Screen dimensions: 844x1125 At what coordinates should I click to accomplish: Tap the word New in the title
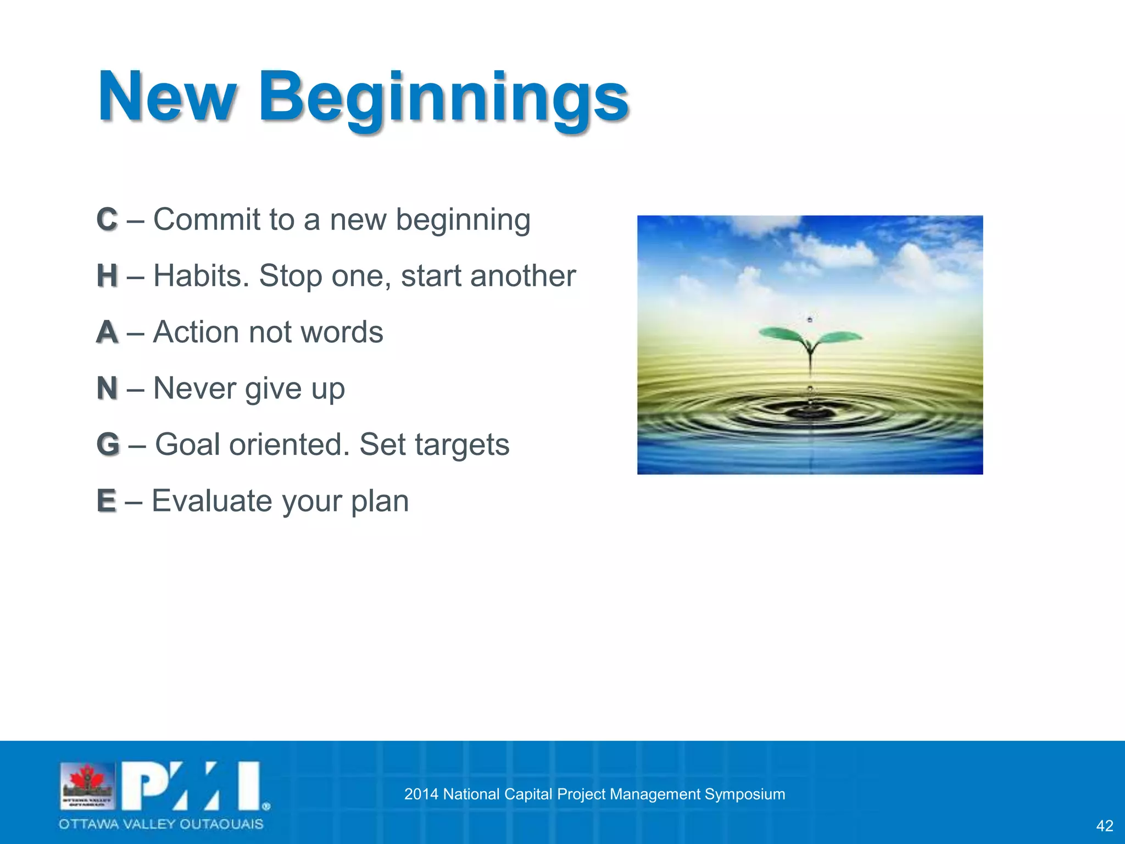point(168,98)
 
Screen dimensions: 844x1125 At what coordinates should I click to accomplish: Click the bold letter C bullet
point(107,220)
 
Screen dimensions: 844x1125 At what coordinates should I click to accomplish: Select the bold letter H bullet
point(107,276)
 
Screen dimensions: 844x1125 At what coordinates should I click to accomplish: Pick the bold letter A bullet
point(107,332)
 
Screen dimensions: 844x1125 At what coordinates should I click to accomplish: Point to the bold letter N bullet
point(107,388)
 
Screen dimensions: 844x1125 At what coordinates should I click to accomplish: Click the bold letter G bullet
point(108,445)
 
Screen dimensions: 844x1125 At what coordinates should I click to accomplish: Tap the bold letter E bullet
point(107,501)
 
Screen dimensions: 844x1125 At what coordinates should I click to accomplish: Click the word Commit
point(207,220)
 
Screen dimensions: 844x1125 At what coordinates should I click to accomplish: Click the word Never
point(194,388)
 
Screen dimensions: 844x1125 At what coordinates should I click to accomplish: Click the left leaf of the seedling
point(780,334)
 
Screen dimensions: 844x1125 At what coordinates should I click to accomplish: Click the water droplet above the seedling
point(810,319)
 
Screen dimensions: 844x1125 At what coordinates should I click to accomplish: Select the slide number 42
point(1104,826)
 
